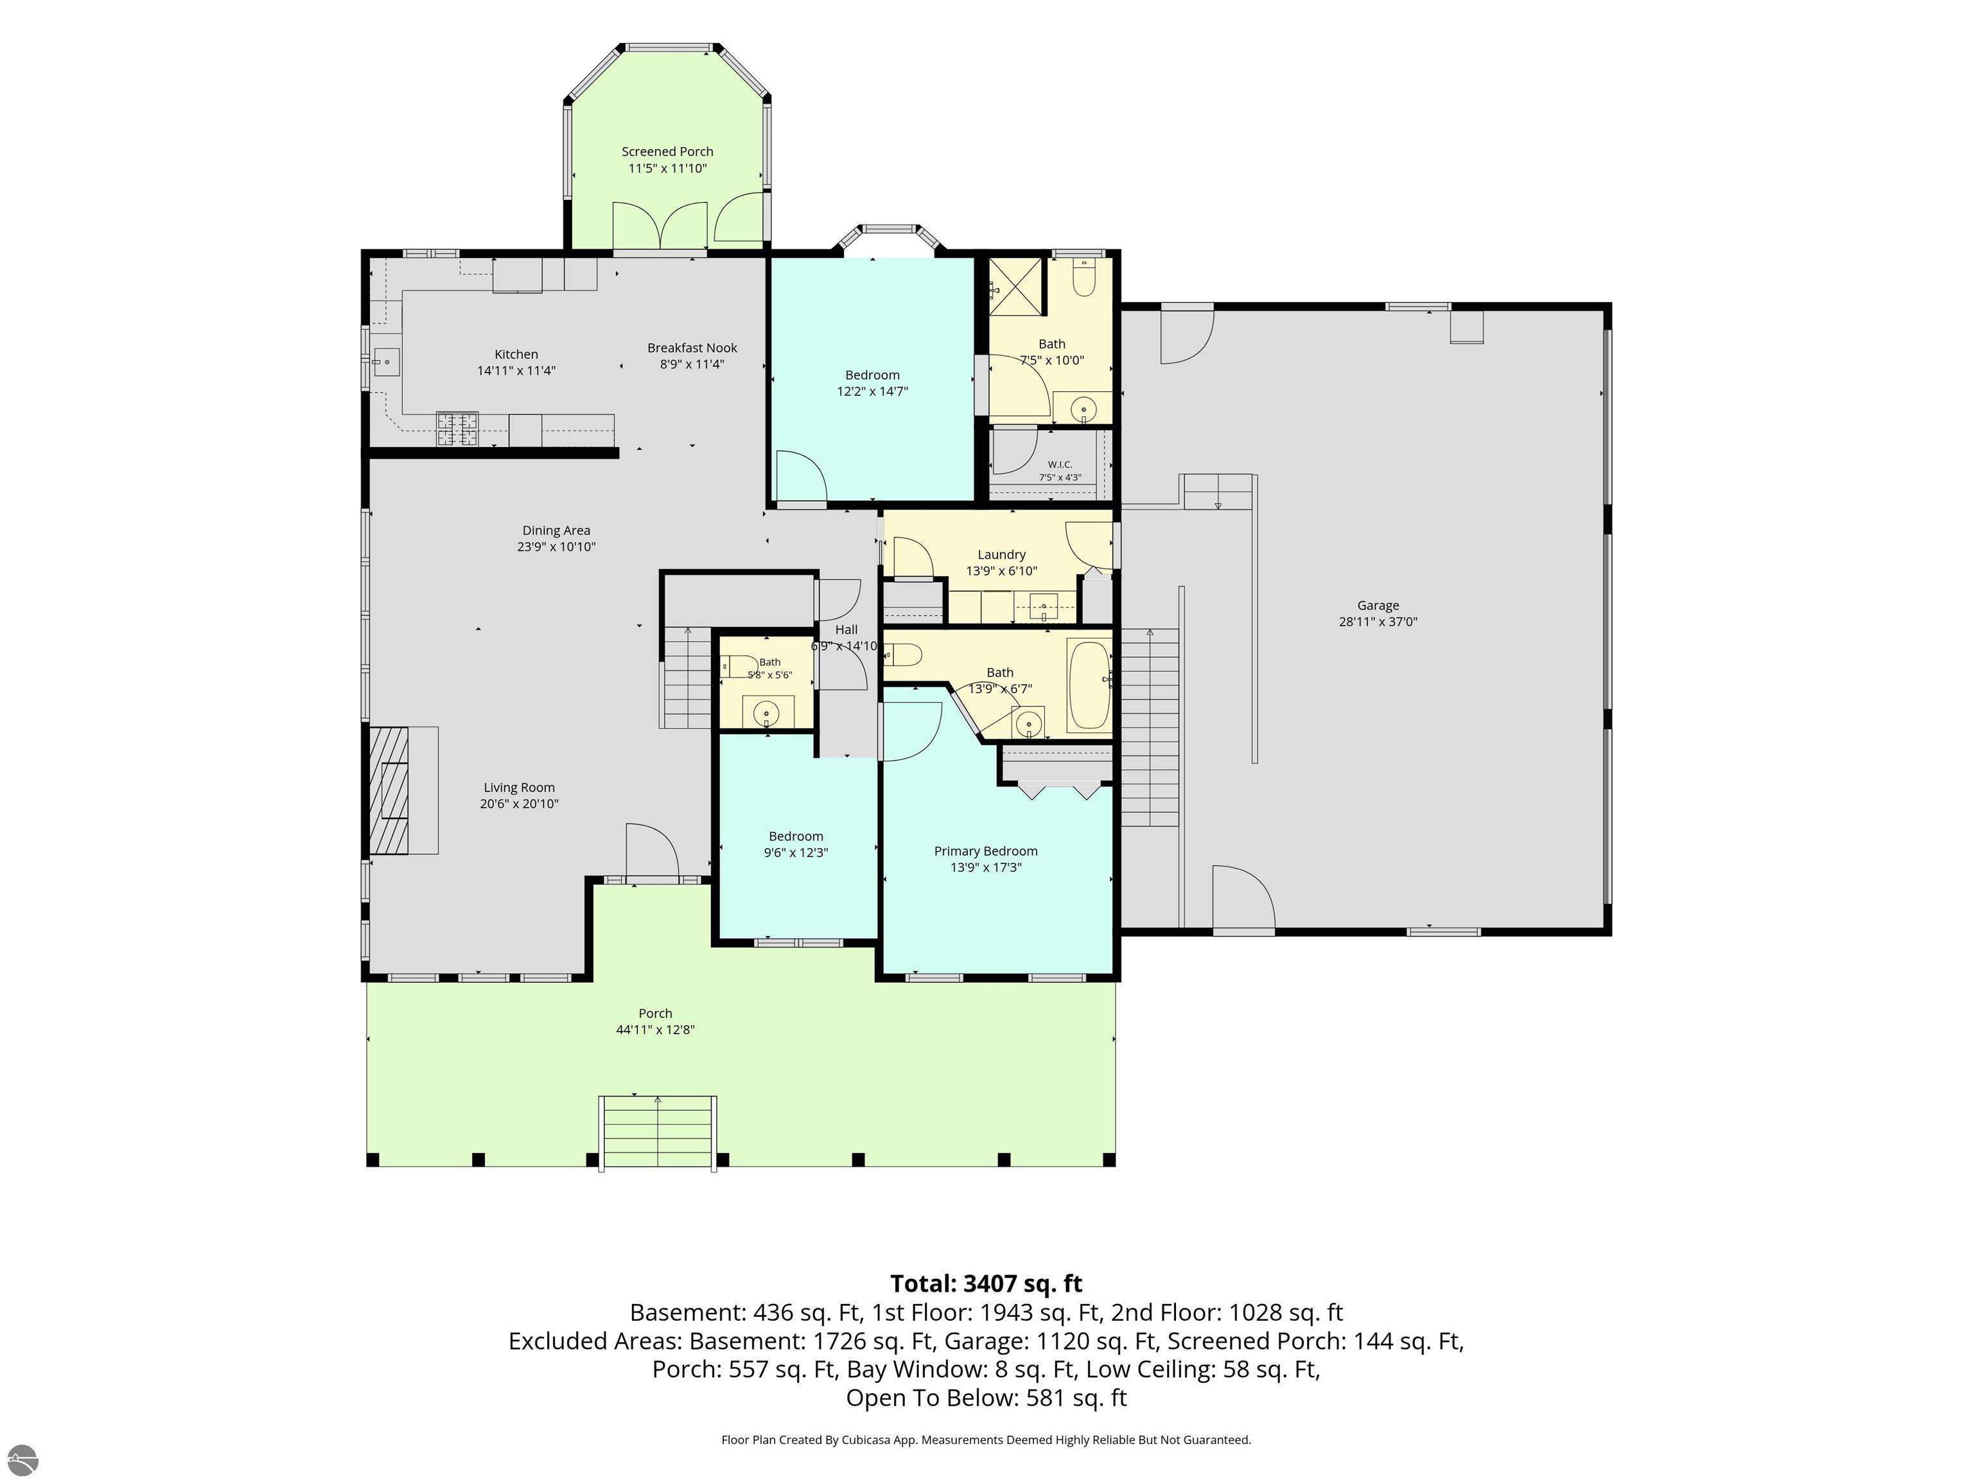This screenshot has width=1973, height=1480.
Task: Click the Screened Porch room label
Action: (667, 152)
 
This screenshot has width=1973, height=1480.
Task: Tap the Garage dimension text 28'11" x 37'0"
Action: (1378, 622)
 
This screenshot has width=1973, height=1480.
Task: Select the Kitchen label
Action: (516, 354)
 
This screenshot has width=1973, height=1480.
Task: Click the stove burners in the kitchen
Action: (457, 428)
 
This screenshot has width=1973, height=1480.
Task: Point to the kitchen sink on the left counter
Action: (386, 362)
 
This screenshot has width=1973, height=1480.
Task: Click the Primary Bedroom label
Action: (986, 851)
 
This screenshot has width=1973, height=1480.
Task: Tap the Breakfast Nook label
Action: (692, 348)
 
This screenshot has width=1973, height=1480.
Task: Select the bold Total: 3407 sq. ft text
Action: (986, 1283)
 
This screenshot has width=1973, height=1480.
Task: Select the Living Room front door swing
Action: (653, 851)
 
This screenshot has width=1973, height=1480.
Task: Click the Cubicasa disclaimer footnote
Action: (986, 1440)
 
